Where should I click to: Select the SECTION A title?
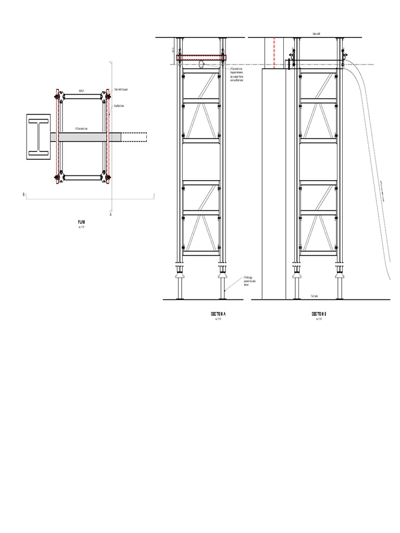(218, 314)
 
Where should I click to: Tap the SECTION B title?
(319, 314)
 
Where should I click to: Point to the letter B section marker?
(23, 194)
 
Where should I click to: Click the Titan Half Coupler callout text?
(121, 89)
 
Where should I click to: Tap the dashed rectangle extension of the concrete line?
(134, 137)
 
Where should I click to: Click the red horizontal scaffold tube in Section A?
(202, 58)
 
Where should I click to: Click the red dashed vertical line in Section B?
(274, 52)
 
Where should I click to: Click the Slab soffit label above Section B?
(316, 34)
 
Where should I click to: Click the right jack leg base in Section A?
(223, 284)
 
